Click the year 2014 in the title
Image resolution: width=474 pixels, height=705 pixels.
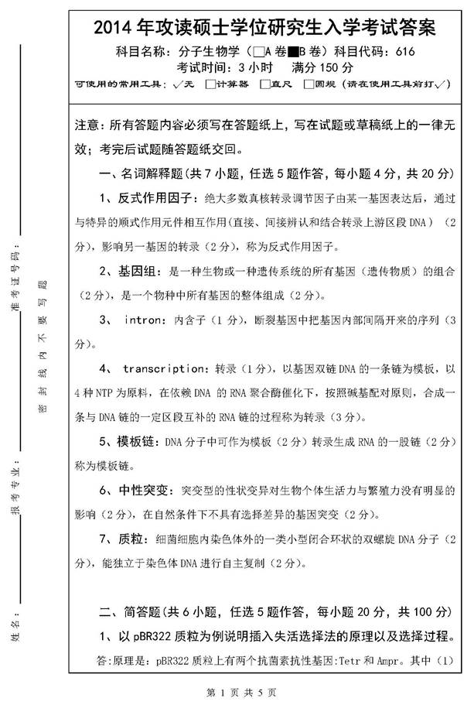(x=113, y=29)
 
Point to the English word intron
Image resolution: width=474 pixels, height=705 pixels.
(x=142, y=319)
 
